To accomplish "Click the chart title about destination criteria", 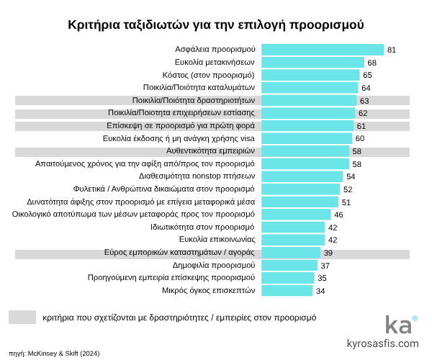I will point(216,24).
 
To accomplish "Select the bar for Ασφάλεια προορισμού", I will point(322,50).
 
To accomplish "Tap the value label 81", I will point(392,50).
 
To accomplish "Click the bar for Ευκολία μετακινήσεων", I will point(312,63).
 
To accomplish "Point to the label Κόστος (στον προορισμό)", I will point(208,75).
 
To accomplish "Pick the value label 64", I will point(366,88).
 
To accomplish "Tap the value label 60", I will point(360,138).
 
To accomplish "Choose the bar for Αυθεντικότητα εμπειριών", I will point(305,151).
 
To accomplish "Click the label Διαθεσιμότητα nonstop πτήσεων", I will point(197,176).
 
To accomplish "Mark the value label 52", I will point(348,189).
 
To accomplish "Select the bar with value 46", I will point(296,215).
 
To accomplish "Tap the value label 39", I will point(328,253).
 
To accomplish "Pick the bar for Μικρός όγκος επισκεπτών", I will point(287,290).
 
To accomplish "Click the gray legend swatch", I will point(22,317).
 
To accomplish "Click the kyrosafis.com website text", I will point(382,343).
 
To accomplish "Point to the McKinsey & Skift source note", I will point(54,354).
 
